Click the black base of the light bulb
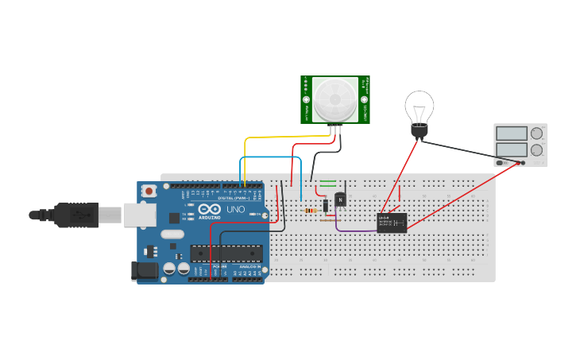click(x=419, y=129)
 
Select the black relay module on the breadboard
click(x=392, y=221)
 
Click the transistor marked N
click(x=342, y=199)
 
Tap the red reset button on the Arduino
click(x=149, y=192)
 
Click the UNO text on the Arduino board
click(x=236, y=210)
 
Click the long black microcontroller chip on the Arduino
click(x=226, y=253)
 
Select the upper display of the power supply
click(x=512, y=134)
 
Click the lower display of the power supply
click(x=512, y=149)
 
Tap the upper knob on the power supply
click(x=537, y=133)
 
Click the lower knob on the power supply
click(x=537, y=149)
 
